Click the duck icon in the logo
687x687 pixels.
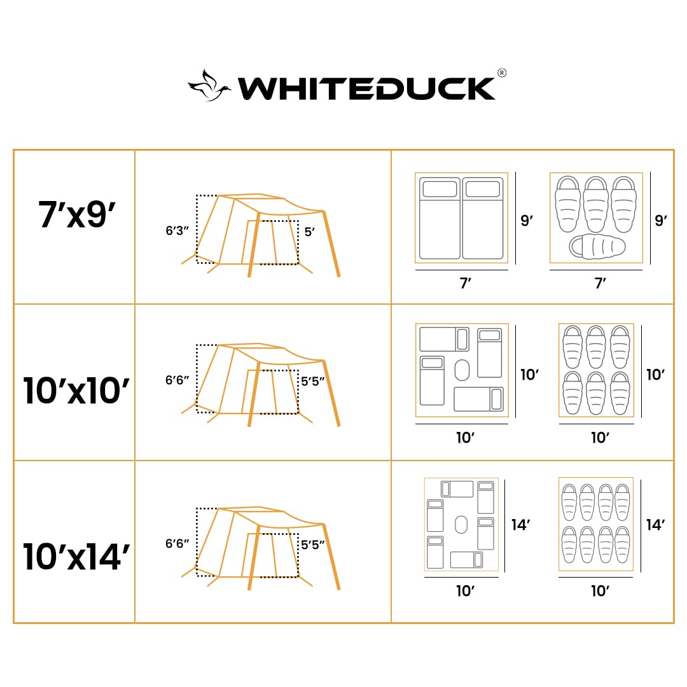click(209, 86)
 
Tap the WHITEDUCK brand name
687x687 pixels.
click(366, 88)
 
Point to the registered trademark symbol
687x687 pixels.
click(501, 73)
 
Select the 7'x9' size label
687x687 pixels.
click(75, 215)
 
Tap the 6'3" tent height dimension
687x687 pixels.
click(178, 231)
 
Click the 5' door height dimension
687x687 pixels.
click(310, 232)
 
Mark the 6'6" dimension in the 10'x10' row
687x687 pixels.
click(178, 380)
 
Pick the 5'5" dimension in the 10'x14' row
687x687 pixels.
click(313, 545)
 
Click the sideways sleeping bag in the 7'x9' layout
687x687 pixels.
click(597, 247)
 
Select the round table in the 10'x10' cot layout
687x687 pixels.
click(462, 370)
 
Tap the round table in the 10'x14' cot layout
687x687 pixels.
click(461, 525)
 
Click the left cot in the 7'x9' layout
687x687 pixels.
click(440, 218)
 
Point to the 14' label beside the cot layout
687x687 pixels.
click(520, 525)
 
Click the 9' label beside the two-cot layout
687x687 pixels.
click(527, 221)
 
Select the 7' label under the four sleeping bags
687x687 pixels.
click(600, 283)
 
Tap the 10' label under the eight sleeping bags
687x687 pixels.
click(600, 591)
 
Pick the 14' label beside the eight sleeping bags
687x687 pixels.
click(655, 525)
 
